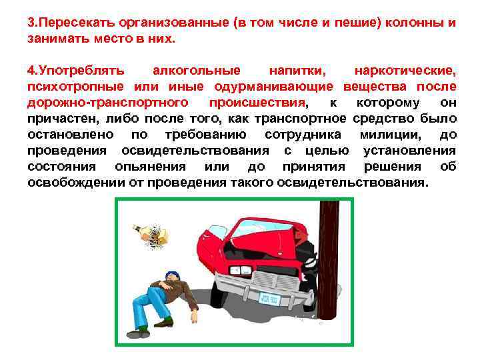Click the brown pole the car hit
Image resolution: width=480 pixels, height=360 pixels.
click(329, 267)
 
